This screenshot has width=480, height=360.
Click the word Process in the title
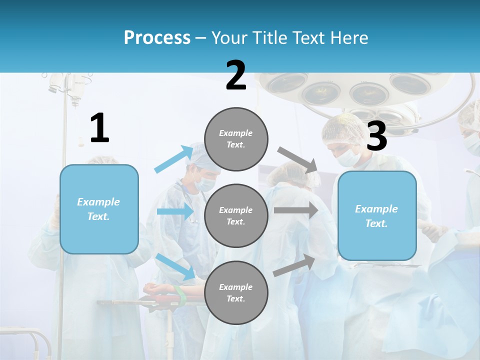click(x=157, y=38)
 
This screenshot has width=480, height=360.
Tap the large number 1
click(x=99, y=128)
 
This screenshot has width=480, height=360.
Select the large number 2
click(x=236, y=75)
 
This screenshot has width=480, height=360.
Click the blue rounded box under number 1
click(x=99, y=209)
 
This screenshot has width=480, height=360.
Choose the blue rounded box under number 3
click(x=377, y=215)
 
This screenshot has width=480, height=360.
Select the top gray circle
click(x=236, y=139)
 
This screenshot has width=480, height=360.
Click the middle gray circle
click(x=236, y=215)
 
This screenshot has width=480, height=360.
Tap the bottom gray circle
click(x=236, y=292)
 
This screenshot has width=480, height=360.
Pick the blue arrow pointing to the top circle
click(x=173, y=159)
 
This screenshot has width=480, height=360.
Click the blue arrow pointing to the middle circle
click(x=175, y=211)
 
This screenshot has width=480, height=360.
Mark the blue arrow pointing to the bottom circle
click(x=175, y=266)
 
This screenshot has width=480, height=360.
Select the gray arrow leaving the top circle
click(x=297, y=159)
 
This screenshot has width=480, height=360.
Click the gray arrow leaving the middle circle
click(x=295, y=210)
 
